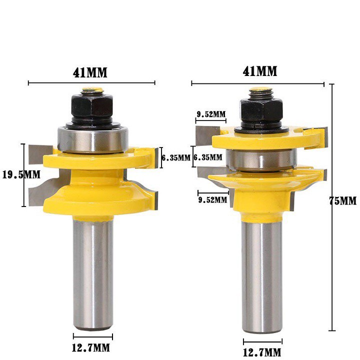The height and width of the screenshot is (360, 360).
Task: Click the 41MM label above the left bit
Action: point(90,73)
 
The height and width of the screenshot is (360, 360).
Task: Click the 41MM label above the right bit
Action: point(259,71)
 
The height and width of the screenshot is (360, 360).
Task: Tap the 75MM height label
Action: point(342,201)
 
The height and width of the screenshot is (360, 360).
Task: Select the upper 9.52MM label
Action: point(211,114)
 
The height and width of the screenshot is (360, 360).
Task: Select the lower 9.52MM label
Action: point(212,200)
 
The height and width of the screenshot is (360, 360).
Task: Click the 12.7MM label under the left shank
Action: point(91,347)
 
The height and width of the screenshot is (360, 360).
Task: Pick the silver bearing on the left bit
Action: point(93,139)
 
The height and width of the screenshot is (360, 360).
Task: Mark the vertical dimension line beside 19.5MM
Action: point(23,175)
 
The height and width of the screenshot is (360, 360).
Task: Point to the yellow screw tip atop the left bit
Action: point(92,90)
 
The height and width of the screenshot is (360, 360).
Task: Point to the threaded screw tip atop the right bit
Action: point(261,92)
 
